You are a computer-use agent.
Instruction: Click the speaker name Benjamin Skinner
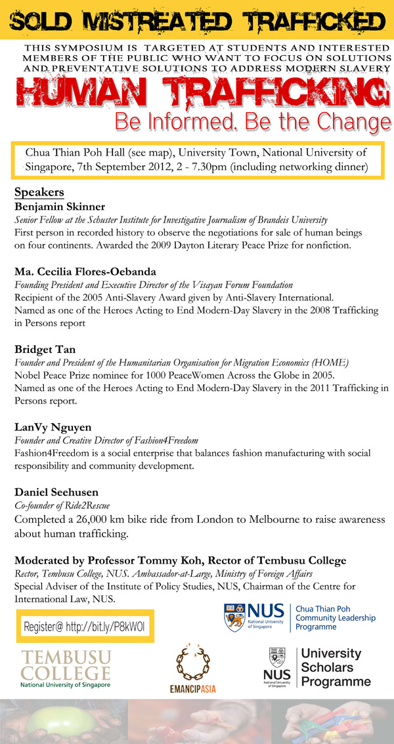pyautogui.click(x=60, y=207)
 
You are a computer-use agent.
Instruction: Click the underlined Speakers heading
pyautogui.click(x=39, y=193)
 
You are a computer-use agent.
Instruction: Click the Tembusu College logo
pyautogui.click(x=66, y=668)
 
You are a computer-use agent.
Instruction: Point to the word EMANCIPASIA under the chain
pyautogui.click(x=192, y=690)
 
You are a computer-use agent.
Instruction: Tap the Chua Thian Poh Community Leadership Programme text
pyautogui.click(x=335, y=618)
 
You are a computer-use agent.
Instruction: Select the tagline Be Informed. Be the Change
pyautogui.click(x=253, y=122)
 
